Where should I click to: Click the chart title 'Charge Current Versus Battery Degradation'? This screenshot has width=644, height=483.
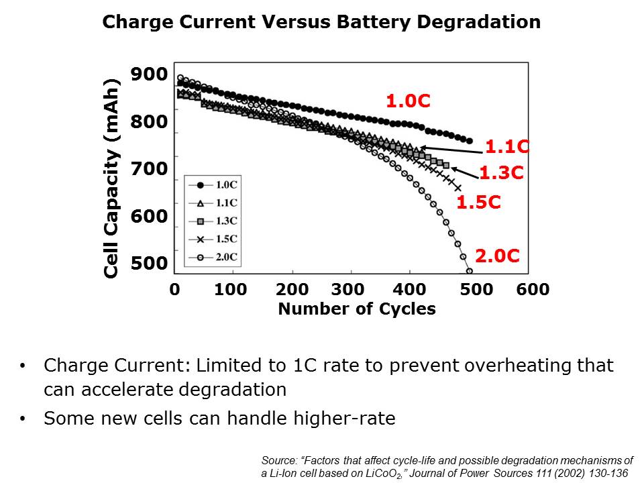point(321,22)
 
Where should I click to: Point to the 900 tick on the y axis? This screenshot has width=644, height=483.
point(149,74)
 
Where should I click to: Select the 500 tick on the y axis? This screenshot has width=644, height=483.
point(149,263)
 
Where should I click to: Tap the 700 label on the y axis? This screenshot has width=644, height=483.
point(149,168)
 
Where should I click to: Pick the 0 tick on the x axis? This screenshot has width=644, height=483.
point(174,290)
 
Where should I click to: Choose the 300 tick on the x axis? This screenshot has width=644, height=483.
point(348,290)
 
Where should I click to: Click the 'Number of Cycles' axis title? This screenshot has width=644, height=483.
point(356,309)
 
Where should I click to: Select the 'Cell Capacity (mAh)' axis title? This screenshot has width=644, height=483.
point(112,178)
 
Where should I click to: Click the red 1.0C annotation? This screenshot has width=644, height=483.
point(408,101)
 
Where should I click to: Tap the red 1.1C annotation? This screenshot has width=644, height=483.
point(507,146)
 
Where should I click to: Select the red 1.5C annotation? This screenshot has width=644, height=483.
point(479,203)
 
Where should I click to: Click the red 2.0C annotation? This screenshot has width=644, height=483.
point(498,256)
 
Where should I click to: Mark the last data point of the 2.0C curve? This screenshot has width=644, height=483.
point(469,272)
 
